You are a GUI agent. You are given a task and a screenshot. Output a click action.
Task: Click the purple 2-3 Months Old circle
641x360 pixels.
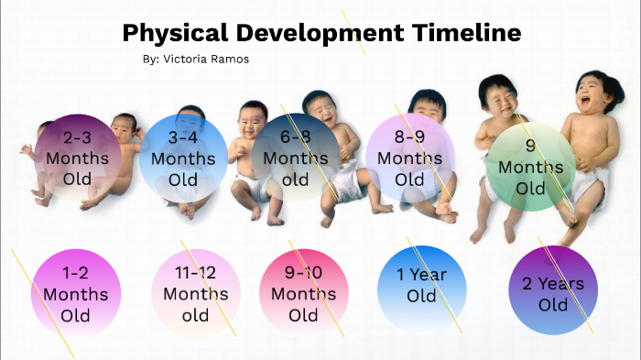coord(78,158)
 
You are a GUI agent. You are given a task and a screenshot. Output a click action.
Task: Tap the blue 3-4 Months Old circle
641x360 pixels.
coord(183,158)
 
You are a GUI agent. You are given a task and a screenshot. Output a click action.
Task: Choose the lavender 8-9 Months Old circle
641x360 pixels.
coord(409,157)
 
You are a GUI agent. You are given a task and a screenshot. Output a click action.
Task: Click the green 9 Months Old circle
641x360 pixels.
coord(529,167)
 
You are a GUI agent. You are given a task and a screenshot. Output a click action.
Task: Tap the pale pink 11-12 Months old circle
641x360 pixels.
coord(195,293)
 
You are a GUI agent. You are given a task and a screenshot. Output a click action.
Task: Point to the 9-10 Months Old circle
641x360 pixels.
coord(303,293)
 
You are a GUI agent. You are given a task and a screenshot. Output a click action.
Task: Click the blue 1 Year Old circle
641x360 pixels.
coord(421,285)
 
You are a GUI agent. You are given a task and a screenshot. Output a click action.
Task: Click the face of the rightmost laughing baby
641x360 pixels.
coord(594,93)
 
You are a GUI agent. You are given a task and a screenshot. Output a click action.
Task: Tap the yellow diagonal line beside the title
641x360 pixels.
coord(353,32)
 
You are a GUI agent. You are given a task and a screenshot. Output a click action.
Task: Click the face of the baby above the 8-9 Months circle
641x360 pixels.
coord(427,106)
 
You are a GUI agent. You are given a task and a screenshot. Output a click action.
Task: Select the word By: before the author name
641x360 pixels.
coord(151,59)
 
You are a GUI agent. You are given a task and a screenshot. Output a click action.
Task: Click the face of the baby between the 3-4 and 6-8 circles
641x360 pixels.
coord(251,118)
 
